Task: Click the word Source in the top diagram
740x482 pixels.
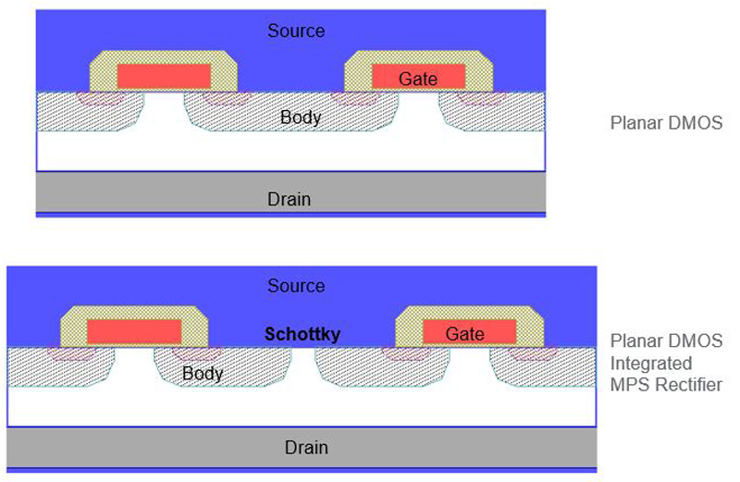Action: coord(296,31)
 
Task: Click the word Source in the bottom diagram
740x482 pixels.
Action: coord(296,286)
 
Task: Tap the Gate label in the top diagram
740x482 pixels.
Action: coord(418,79)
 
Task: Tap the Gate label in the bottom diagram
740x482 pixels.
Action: coord(465,333)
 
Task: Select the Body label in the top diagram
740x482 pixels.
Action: coord(301,117)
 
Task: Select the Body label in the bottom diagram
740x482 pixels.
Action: coord(203,373)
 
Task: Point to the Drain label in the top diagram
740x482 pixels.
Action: coord(289,198)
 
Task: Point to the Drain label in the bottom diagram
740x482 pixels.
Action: coord(305,448)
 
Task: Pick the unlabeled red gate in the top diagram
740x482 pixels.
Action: coord(164,74)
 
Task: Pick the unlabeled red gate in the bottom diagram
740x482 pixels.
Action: coord(134,330)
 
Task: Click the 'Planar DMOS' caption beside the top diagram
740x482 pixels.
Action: coord(666,123)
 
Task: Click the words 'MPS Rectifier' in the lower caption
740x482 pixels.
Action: coord(666,384)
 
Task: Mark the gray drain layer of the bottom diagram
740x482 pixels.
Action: coord(139,447)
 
